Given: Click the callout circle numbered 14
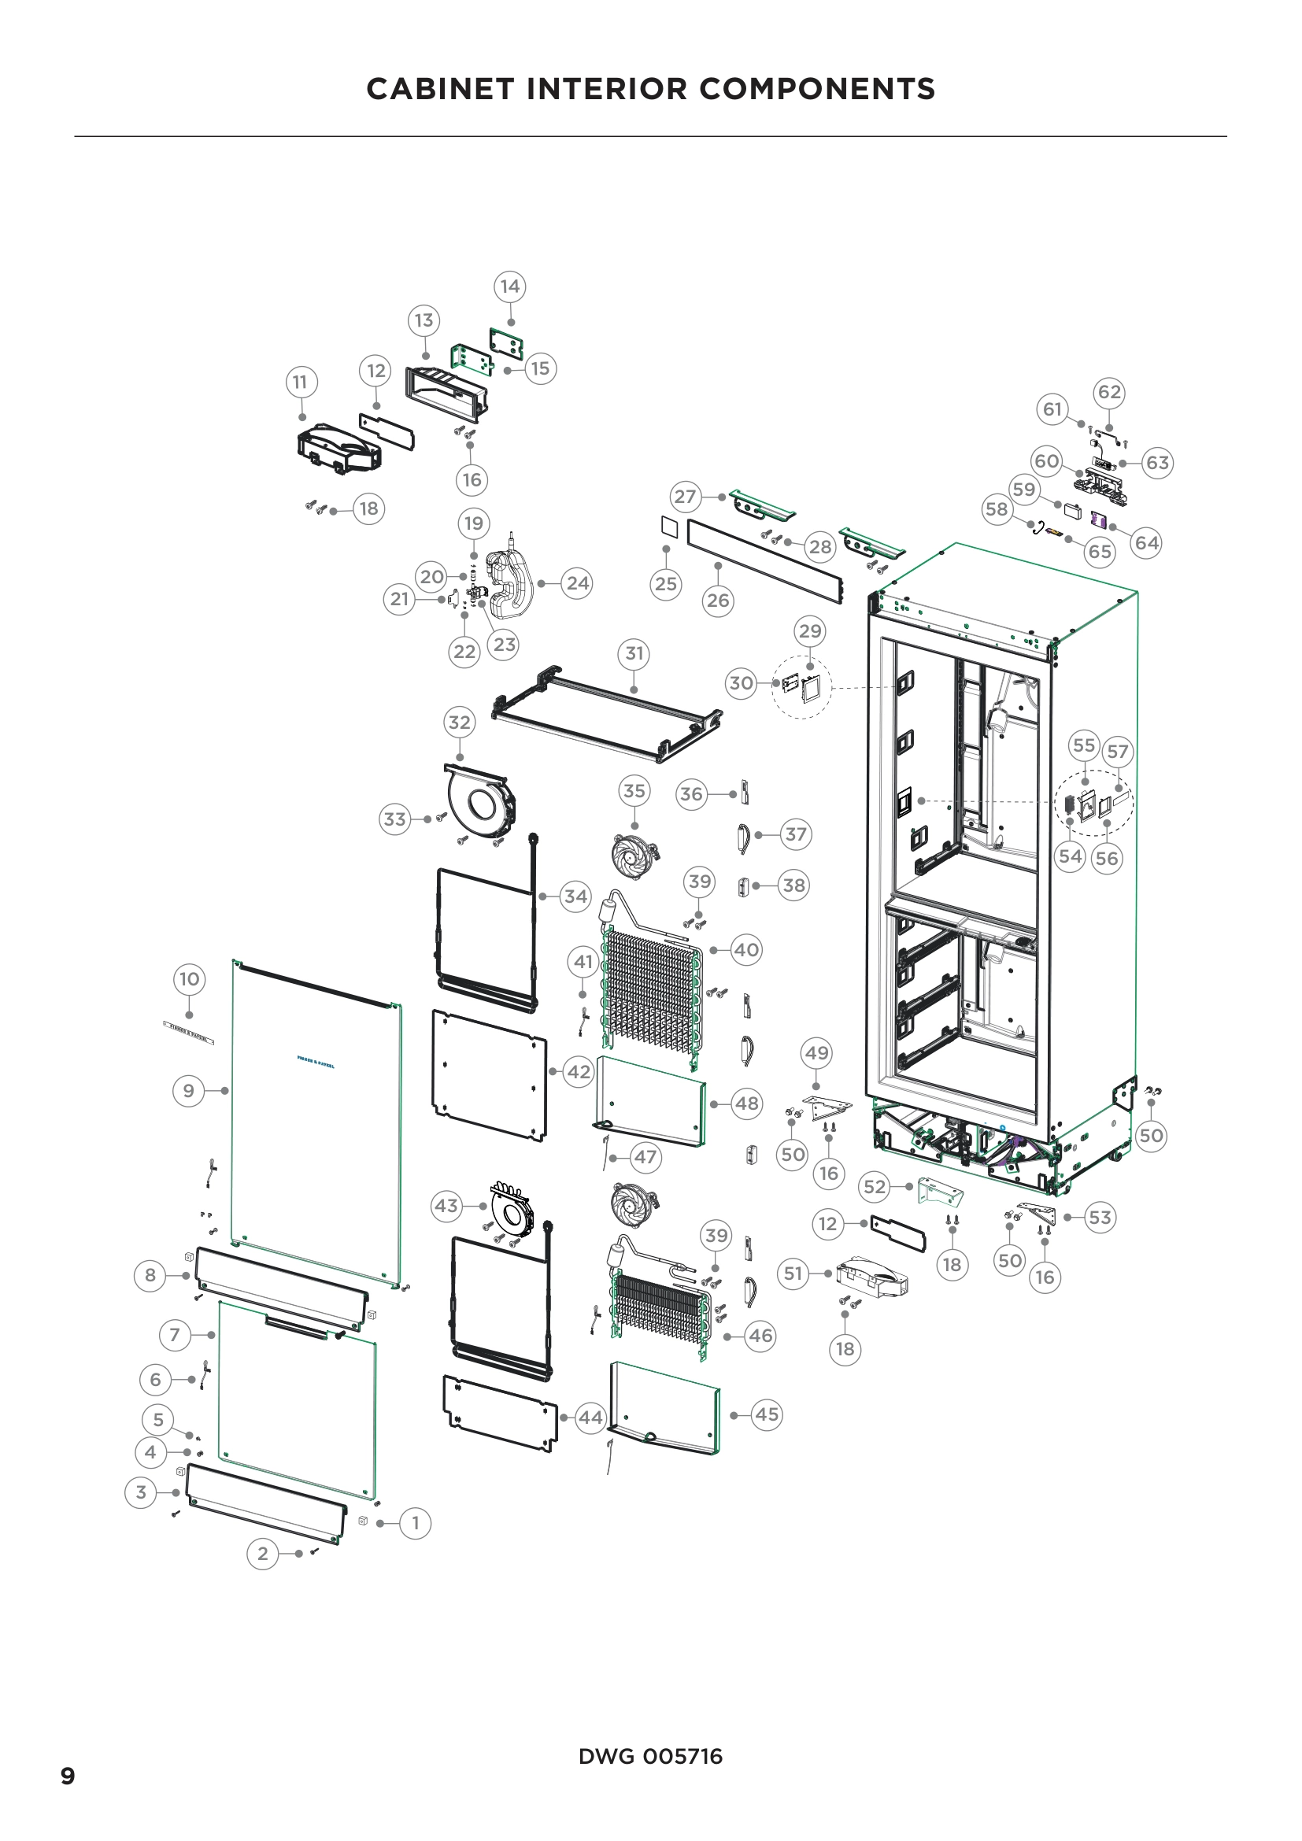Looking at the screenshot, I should pos(510,287).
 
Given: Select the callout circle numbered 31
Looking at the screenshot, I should pos(634,653).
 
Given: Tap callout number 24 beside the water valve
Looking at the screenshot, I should pos(577,583).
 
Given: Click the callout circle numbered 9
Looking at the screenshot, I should pos(188,1090).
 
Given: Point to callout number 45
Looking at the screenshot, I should pos(767,1414).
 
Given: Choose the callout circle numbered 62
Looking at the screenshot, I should pos(1109,392).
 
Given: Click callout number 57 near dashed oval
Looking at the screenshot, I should pos(1117,752).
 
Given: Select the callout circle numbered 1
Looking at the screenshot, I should pos(415,1523).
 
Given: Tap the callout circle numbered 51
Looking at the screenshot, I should pos(793,1274).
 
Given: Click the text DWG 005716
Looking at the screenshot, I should pos(650,1757).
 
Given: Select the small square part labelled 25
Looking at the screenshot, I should pos(668,526).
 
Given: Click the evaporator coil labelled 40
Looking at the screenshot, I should pos(651,994).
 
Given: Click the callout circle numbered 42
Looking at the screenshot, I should pos(579,1072).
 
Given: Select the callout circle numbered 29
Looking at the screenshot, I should pos(810,631).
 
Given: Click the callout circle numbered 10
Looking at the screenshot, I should pos(189,979).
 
